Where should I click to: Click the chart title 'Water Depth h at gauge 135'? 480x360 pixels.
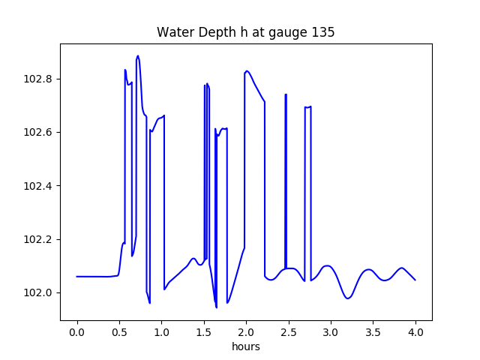pyautogui.click(x=245, y=32)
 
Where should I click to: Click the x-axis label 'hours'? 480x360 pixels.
pyautogui.click(x=246, y=347)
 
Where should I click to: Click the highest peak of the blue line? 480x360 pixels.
pyautogui.click(x=137, y=55)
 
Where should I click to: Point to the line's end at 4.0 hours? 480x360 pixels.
pyautogui.click(x=415, y=280)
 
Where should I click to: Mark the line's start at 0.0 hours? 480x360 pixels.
pyautogui.click(x=77, y=277)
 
